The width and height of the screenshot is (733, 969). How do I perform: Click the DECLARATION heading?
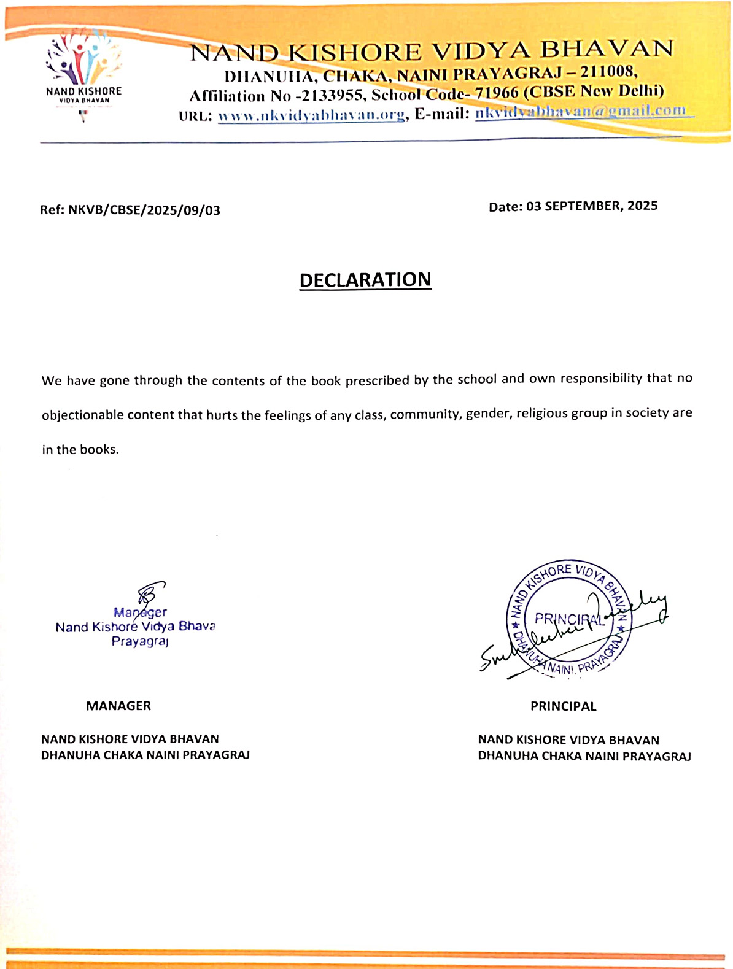pyautogui.click(x=365, y=280)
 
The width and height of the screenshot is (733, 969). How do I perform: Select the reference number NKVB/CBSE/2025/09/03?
pyautogui.click(x=144, y=210)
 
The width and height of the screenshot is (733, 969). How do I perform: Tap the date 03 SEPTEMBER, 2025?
pyautogui.click(x=592, y=206)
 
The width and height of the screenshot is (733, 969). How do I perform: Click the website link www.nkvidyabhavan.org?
pyautogui.click(x=311, y=115)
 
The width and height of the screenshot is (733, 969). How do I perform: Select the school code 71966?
pyautogui.click(x=497, y=93)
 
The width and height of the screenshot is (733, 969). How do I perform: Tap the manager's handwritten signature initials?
pyautogui.click(x=150, y=593)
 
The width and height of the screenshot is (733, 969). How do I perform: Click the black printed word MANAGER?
pyautogui.click(x=118, y=706)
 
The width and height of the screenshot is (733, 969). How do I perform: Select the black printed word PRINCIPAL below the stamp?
pyautogui.click(x=563, y=706)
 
